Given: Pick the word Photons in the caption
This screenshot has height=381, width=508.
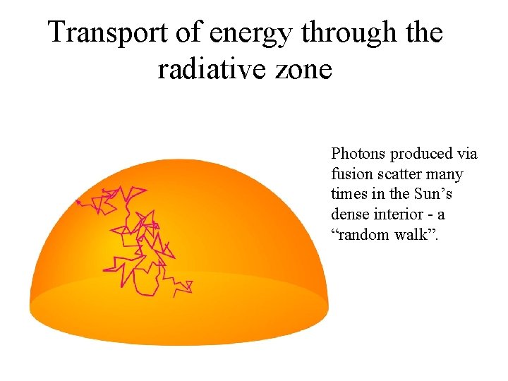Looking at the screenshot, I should click(358, 154).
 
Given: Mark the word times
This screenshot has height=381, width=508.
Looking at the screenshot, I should click(347, 194).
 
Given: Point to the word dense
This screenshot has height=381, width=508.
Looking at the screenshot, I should click(348, 214).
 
